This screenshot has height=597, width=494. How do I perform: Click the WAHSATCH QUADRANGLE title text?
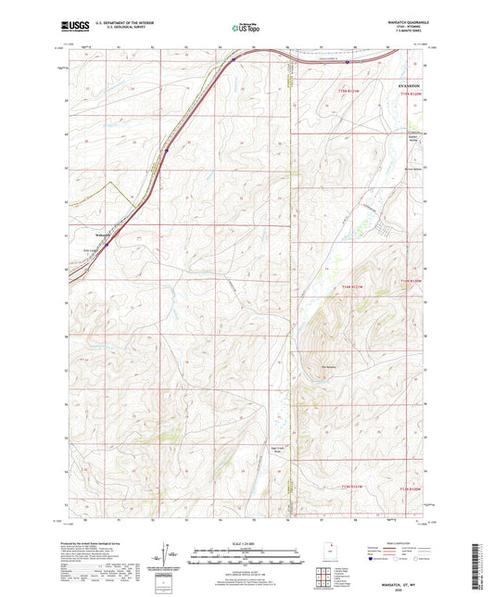coord(407,20)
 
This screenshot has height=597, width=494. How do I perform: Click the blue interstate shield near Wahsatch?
coord(106,245)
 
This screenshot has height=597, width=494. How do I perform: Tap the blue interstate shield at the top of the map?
coord(234,60)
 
